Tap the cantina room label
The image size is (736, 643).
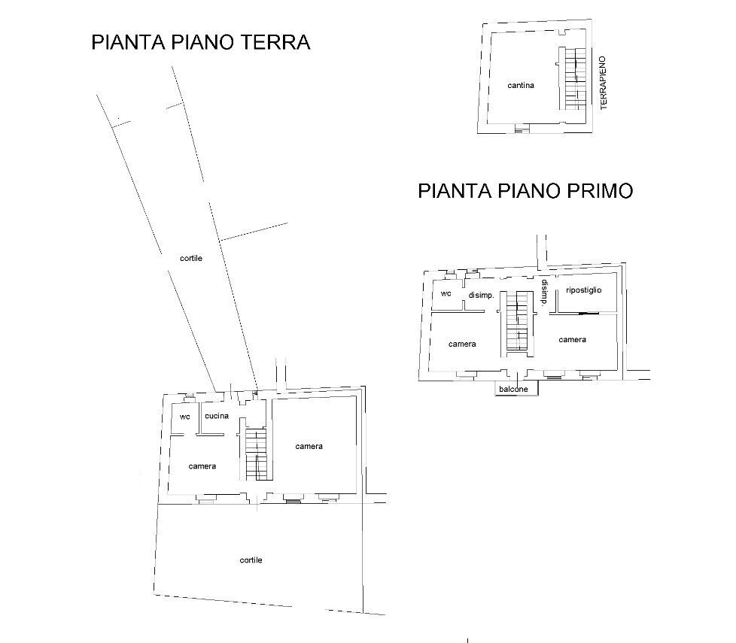[521, 86]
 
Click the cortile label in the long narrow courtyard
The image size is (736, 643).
[190, 258]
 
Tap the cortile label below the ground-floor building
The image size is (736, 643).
[251, 560]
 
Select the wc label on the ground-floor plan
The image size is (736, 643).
[184, 417]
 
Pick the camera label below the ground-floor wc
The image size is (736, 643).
[202, 466]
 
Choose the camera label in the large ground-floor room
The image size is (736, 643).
[309, 447]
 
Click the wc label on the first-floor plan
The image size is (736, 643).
[446, 293]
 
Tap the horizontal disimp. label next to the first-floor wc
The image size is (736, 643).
[481, 296]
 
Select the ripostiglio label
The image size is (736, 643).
[583, 290]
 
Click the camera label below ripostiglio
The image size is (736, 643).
[572, 340]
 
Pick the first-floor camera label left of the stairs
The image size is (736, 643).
[462, 344]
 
